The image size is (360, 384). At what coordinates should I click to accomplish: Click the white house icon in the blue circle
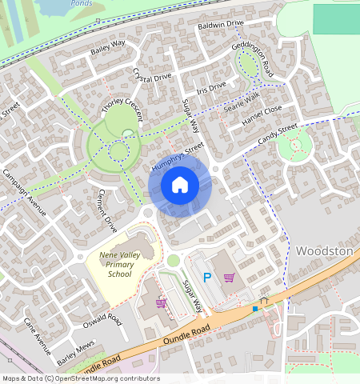180,186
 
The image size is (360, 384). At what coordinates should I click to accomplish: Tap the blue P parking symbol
206,278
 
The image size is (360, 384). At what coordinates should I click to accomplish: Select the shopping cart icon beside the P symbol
229,278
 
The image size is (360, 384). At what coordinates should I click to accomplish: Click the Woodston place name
324,250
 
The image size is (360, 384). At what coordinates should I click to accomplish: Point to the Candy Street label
278,134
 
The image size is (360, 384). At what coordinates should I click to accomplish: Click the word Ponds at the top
80,3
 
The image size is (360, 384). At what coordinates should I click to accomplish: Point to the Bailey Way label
108,48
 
